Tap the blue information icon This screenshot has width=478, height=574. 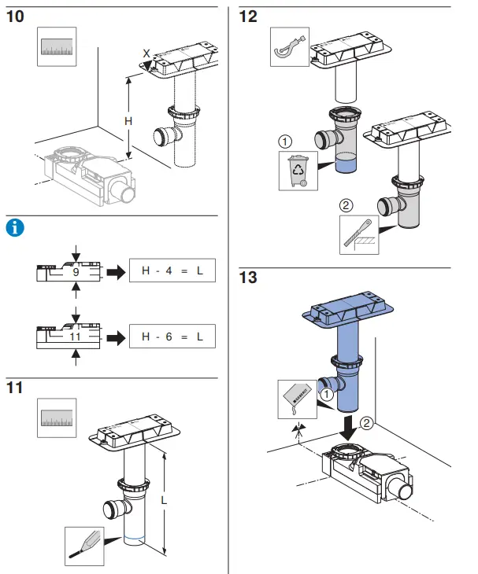14,228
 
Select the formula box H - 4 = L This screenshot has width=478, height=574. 172,272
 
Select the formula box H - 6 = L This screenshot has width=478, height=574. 172,337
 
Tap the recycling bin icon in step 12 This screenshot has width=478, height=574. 298,171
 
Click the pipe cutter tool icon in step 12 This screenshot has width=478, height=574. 289,48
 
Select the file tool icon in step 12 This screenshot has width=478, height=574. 359,235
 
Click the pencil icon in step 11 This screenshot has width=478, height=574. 85,544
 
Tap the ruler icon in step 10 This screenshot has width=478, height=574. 58,48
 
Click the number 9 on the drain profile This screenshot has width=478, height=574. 76,272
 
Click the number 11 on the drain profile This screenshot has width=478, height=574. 76,337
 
